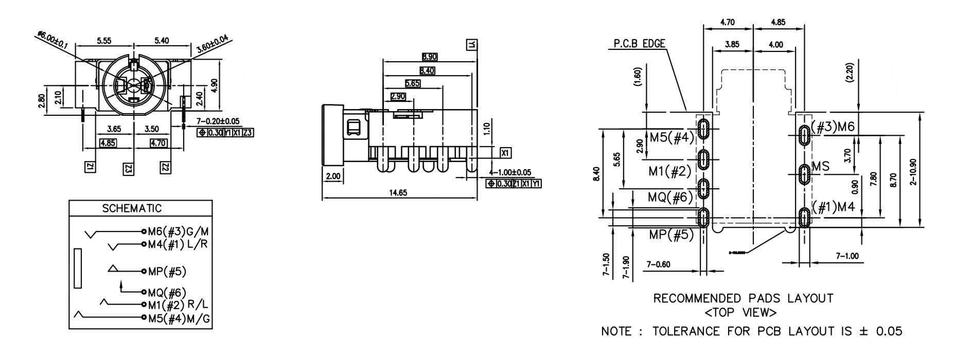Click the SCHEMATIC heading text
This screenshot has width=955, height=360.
click(x=132, y=208)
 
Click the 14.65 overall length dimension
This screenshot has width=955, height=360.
click(x=398, y=193)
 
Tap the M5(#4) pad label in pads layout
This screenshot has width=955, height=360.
click(x=671, y=137)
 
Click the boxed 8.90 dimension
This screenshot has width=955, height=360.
click(x=430, y=57)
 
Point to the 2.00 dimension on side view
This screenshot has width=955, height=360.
click(x=333, y=176)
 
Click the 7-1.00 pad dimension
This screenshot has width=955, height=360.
click(x=847, y=256)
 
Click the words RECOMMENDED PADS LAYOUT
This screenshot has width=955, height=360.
click(x=743, y=298)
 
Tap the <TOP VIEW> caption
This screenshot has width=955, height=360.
click(x=741, y=312)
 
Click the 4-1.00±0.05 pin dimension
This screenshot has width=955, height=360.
click(x=510, y=172)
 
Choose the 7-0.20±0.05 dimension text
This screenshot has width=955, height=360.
click(x=218, y=121)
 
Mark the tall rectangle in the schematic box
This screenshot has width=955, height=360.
click(x=78, y=268)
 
